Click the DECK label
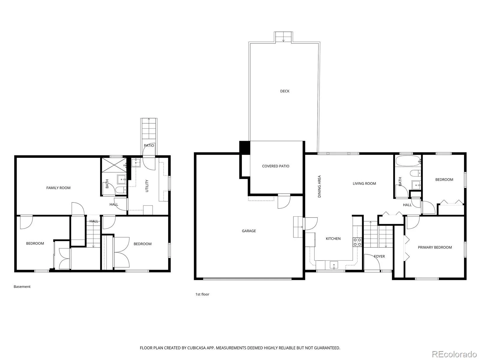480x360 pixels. pos(284,91)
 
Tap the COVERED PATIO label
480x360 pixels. pos(275,166)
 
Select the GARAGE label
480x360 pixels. pos(249,231)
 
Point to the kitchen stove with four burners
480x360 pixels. pos(357,242)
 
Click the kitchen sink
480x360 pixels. pos(334,265)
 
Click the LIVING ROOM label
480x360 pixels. pos(364,184)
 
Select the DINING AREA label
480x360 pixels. pos(319,186)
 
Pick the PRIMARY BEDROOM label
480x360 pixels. pos(434,247)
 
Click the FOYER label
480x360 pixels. pos(379,256)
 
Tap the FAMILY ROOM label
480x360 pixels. pos(58,188)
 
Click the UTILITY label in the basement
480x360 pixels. pos(147,186)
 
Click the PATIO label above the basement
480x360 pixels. pos(149,145)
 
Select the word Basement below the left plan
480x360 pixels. pos(22,286)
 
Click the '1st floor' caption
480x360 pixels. pos(202,294)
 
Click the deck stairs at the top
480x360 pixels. pos(283,37)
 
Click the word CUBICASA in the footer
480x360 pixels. pos(197,348)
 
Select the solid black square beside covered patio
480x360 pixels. pos(244,148)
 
